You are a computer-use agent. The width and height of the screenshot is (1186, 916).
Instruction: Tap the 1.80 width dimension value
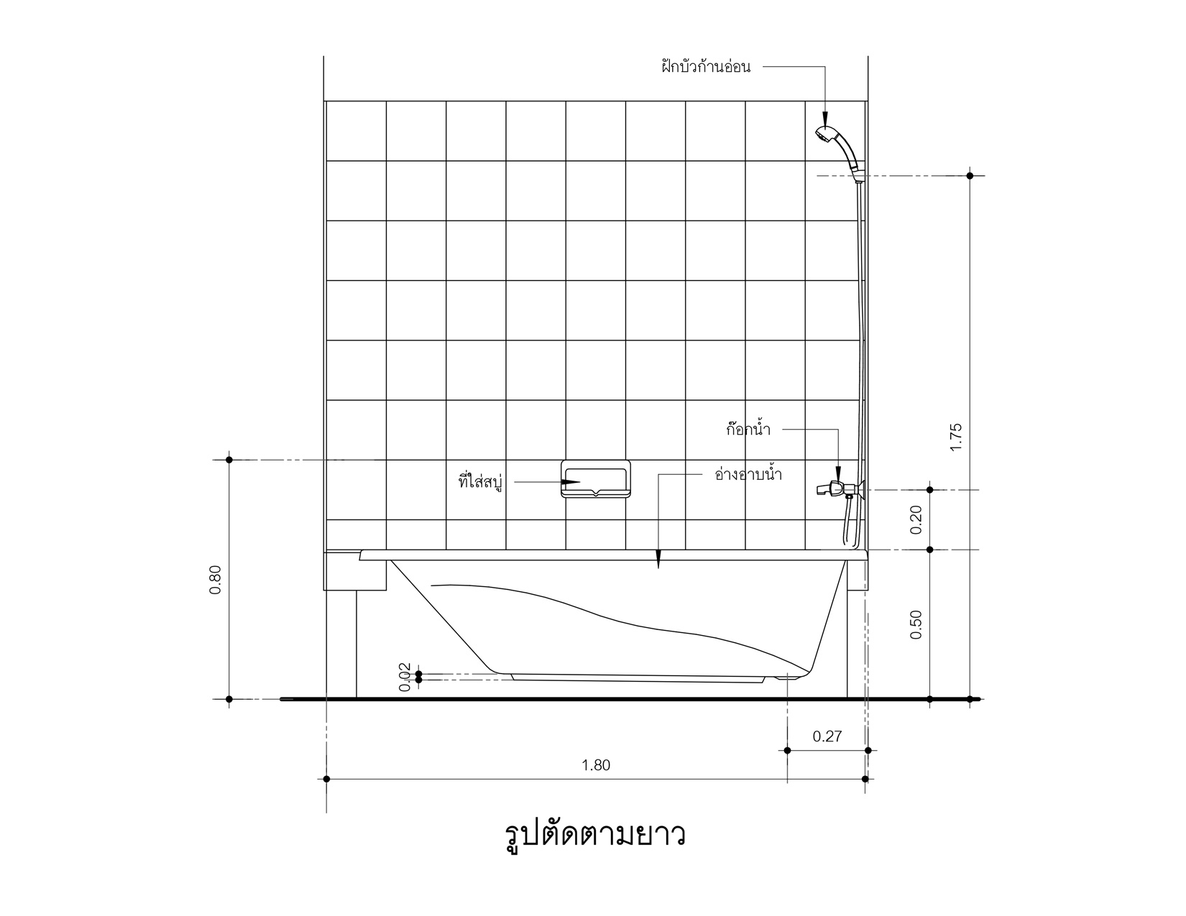point(595,765)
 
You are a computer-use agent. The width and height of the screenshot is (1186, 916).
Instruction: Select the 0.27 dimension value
point(827,736)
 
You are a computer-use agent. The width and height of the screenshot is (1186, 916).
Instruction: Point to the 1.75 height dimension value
point(956,437)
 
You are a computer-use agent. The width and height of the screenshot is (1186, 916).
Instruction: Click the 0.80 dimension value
point(216,579)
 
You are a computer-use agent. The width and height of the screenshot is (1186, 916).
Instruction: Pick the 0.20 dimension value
point(916,520)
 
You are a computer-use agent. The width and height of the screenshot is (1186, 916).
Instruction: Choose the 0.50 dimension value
point(916,624)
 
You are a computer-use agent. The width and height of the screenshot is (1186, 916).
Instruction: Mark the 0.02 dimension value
point(405,677)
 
